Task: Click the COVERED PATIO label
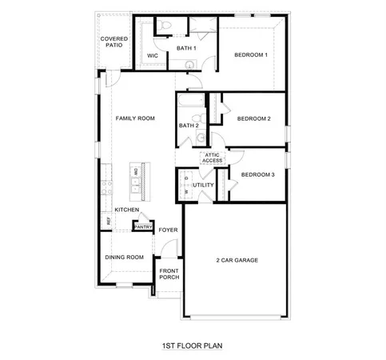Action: pyautogui.click(x=114, y=42)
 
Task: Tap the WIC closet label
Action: pyautogui.click(x=153, y=55)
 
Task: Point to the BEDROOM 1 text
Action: pyautogui.click(x=250, y=54)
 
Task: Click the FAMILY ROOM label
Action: pyautogui.click(x=135, y=118)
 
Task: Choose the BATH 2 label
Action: pyautogui.click(x=189, y=126)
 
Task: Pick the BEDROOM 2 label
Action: pyautogui.click(x=254, y=118)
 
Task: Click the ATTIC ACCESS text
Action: pyautogui.click(x=213, y=158)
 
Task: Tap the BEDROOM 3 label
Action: pyautogui.click(x=257, y=174)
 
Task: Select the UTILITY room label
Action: pyautogui.click(x=203, y=185)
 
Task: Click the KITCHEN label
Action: pyautogui.click(x=126, y=210)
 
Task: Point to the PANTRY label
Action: pyautogui.click(x=143, y=226)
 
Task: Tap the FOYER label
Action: pyautogui.click(x=167, y=230)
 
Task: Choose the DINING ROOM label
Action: pyautogui.click(x=125, y=257)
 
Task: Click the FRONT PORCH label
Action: pyautogui.click(x=169, y=274)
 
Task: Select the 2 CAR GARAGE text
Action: pyautogui.click(x=237, y=260)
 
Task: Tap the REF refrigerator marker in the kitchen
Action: pyautogui.click(x=105, y=220)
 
